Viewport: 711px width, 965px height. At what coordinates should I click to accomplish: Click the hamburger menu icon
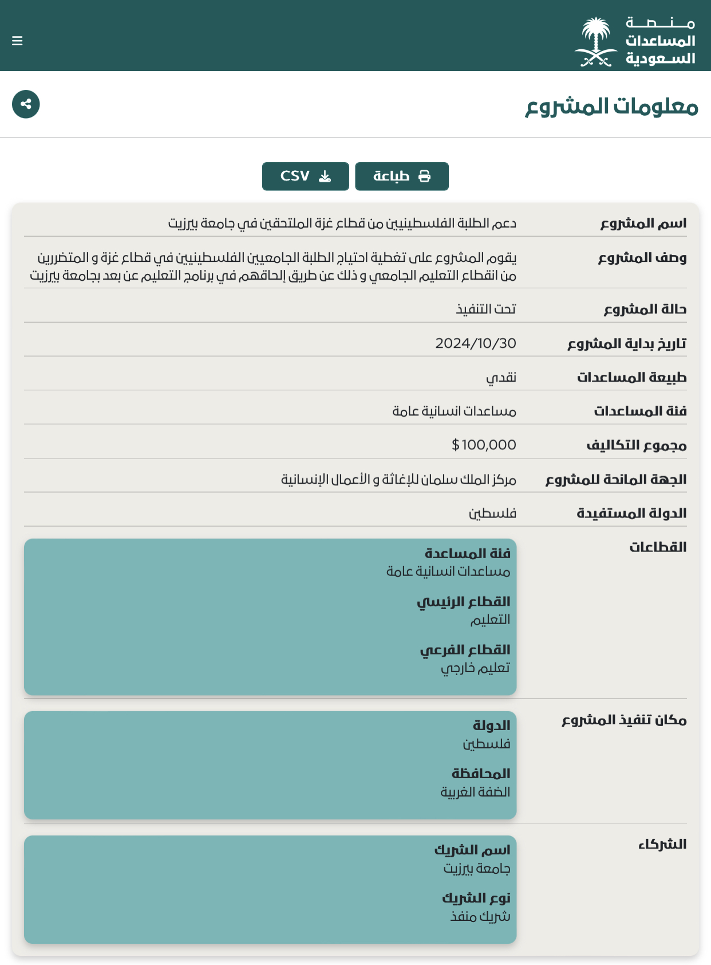(17, 41)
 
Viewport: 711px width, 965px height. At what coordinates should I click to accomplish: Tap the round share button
(26, 104)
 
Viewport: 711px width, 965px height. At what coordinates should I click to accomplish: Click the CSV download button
(306, 176)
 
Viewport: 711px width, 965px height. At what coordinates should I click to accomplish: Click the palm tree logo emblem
(596, 41)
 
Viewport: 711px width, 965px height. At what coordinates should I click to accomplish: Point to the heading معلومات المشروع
(611, 107)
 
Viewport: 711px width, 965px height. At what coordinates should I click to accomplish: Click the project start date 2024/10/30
(475, 343)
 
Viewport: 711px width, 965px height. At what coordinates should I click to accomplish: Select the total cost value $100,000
(484, 445)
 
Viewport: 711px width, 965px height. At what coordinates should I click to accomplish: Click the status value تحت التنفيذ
(486, 309)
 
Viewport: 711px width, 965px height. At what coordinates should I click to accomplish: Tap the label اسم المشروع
(643, 223)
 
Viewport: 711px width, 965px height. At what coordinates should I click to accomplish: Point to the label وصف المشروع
(642, 258)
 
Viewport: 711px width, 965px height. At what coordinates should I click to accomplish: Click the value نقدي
(501, 377)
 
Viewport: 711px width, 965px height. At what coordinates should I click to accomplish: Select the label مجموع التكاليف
(636, 445)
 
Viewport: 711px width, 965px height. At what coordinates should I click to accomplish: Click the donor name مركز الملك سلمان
(398, 479)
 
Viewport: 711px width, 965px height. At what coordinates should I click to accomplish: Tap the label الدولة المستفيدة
(631, 513)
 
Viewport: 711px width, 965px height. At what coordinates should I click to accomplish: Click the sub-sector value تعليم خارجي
(475, 668)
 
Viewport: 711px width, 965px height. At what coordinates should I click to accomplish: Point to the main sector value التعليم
(490, 620)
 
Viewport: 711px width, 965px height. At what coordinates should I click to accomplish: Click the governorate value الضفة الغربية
(475, 792)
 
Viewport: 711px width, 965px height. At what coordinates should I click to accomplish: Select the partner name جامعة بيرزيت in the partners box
(476, 869)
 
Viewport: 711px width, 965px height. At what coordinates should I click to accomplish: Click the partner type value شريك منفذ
(480, 916)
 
